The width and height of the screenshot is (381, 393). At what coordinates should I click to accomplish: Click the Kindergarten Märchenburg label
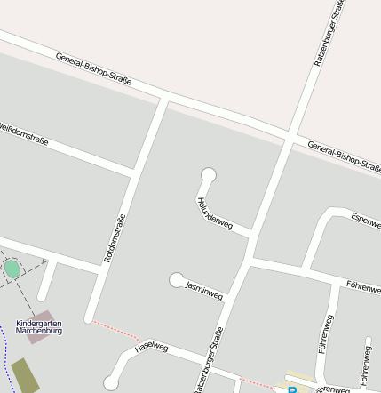click(39, 326)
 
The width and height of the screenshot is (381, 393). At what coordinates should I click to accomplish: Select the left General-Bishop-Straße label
click(93, 68)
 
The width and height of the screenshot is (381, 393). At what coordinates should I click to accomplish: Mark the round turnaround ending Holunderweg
click(210, 174)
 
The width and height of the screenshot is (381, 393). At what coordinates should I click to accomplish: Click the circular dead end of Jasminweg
click(177, 280)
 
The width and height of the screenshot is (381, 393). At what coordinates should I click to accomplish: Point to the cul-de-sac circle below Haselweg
click(110, 383)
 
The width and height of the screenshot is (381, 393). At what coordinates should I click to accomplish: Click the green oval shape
click(12, 268)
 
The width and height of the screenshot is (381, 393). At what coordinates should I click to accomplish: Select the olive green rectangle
click(25, 375)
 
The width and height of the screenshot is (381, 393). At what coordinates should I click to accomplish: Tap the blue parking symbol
click(290, 389)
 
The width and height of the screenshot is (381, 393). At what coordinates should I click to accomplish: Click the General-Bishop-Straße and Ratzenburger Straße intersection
click(290, 138)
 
